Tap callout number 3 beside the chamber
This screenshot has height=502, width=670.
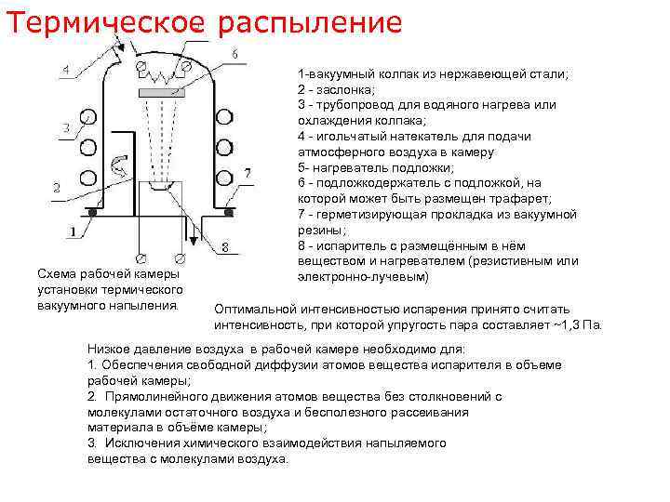point(64,127)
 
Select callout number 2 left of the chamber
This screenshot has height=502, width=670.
point(57,187)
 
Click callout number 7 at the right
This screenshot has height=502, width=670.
point(246,173)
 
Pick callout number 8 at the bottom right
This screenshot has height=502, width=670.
point(225,246)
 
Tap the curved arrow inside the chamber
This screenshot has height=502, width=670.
point(122,167)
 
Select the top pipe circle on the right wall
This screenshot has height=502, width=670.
point(224,115)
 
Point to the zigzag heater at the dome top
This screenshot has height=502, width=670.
point(164,73)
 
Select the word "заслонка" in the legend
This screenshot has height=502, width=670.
point(348,89)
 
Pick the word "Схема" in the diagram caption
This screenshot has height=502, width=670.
point(54,273)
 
